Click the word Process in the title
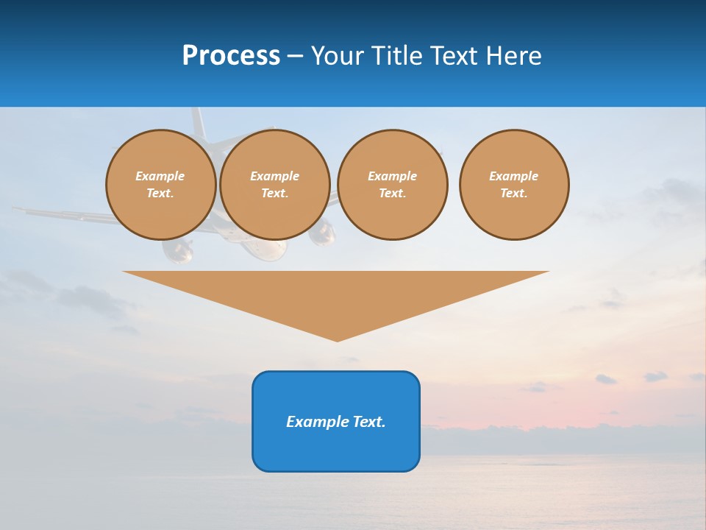coord(231,55)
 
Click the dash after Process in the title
coord(295,57)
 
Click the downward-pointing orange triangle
coord(336,294)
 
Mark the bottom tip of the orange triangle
coord(337,340)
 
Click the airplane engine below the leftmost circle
coord(177,250)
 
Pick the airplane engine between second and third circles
coord(321,234)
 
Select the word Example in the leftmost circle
coord(160,176)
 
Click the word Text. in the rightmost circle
coord(514,193)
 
